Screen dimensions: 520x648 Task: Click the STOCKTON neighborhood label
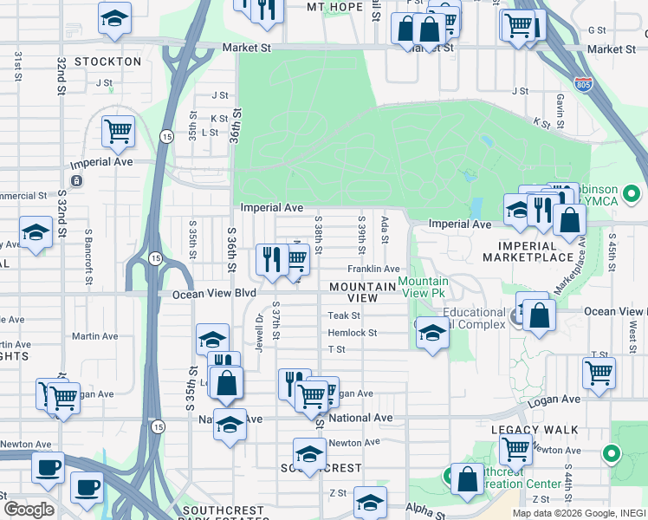click(107, 62)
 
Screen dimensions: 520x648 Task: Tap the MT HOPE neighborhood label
click(335, 7)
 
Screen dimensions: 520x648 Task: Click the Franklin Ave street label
click(373, 270)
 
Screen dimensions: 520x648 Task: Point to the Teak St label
click(343, 315)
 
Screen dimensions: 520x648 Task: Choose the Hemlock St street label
click(352, 333)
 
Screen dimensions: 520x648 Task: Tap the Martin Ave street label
click(95, 336)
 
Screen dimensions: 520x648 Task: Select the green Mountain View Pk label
click(424, 287)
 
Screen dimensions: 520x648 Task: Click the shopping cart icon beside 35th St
click(118, 132)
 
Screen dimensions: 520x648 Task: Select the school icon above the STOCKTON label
click(113, 18)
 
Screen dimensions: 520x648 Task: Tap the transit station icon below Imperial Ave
click(76, 180)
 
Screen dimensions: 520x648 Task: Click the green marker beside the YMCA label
click(631, 192)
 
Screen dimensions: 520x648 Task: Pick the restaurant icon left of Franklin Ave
click(271, 258)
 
